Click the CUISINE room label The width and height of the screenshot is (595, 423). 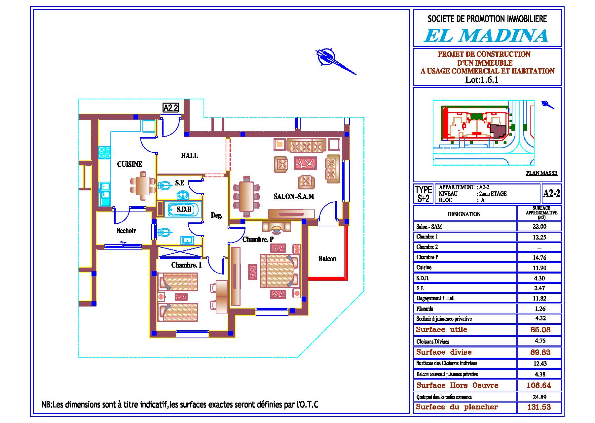130,164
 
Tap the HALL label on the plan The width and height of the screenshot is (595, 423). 190,155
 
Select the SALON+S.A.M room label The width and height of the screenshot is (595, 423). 294,197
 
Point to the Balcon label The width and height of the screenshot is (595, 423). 327,259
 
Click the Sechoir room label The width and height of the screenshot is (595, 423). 126,231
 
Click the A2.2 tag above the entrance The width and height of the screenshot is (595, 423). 171,108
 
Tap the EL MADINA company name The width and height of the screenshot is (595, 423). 486,36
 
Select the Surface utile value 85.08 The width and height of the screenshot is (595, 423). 540,330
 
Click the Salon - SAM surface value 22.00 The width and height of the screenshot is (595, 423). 539,227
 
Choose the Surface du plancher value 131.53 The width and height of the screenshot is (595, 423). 539,407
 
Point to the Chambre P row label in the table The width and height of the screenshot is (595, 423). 427,257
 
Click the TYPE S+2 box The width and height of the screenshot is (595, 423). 424,194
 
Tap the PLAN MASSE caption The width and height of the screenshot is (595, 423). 541,173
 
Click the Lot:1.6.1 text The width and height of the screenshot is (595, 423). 482,80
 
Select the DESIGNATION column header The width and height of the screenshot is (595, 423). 464,214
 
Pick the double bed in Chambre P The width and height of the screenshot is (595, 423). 280,271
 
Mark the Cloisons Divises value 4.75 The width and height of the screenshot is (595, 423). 540,341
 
